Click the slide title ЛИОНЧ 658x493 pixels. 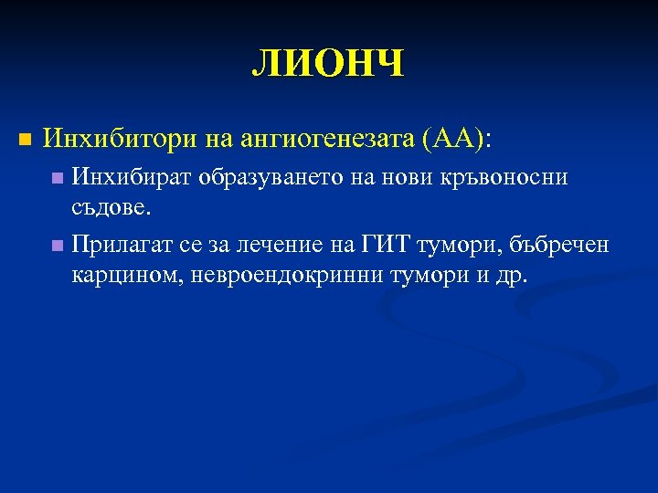click(x=328, y=65)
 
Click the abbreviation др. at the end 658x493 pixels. click(x=511, y=275)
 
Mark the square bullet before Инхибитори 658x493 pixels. click(x=25, y=140)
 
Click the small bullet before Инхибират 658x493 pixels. click(x=58, y=178)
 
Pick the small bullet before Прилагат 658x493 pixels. click(x=58, y=245)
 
